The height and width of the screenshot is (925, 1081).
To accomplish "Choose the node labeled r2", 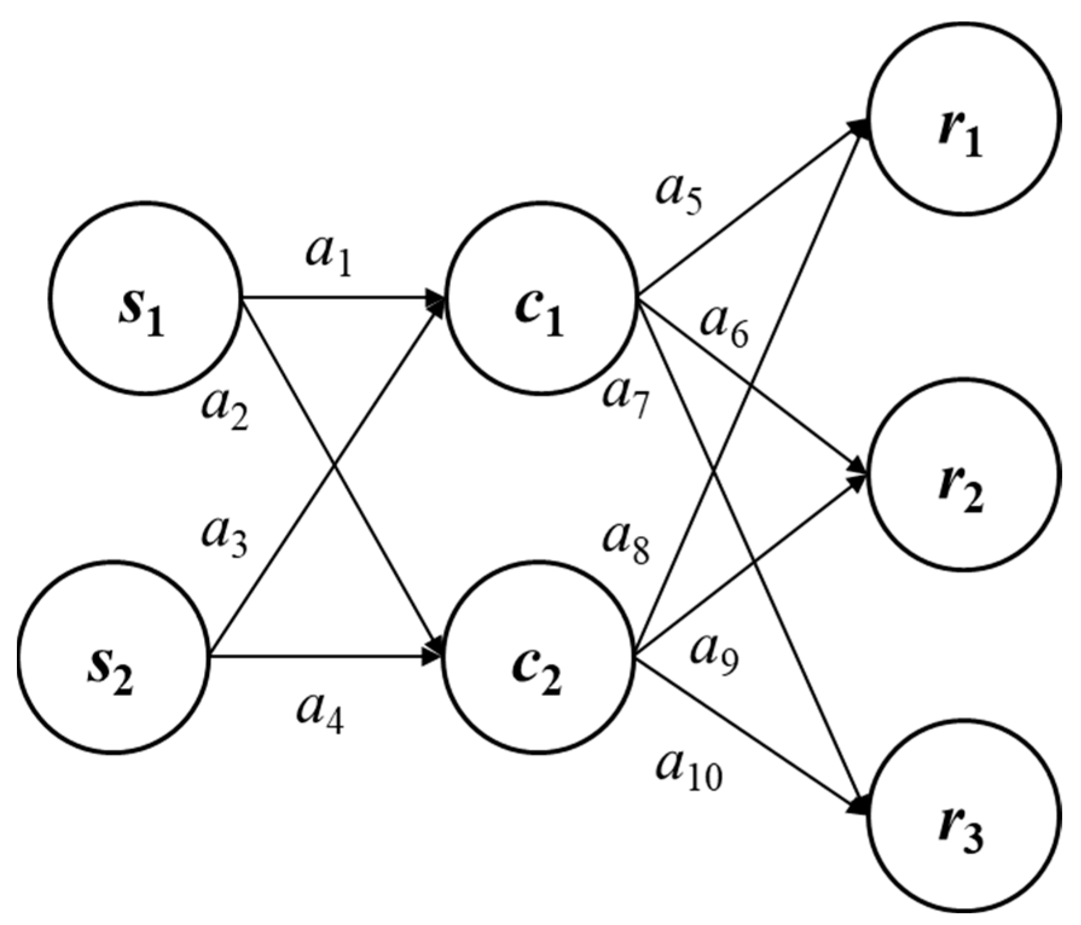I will [x=964, y=475].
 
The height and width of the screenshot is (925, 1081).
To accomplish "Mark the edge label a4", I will [x=321, y=714].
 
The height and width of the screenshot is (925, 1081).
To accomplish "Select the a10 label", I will [x=689, y=771].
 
